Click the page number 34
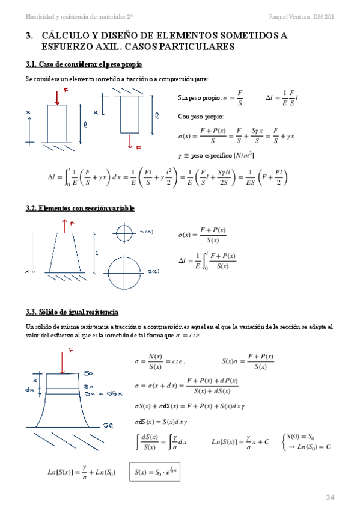[x=329, y=496]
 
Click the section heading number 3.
[x=29, y=36]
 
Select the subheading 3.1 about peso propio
[x=84, y=64]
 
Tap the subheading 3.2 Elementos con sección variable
[x=80, y=208]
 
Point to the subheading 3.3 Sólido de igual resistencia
[x=72, y=312]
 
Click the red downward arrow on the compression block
[x=57, y=97]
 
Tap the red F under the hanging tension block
[x=138, y=147]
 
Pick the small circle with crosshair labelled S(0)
[x=124, y=232]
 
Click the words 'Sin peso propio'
[x=198, y=97]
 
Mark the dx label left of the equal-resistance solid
[x=30, y=389]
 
